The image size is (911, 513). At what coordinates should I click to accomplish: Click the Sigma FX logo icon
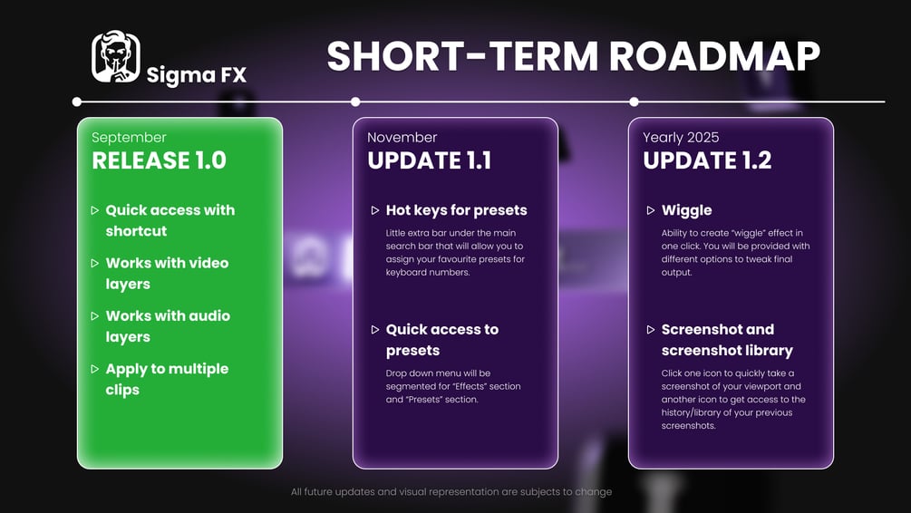(x=116, y=56)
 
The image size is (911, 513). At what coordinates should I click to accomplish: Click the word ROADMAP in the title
(x=714, y=56)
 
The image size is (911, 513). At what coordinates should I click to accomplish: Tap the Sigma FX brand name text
(x=197, y=75)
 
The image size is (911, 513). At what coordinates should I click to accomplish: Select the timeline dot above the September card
(x=77, y=102)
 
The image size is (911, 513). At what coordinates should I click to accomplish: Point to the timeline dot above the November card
(x=355, y=102)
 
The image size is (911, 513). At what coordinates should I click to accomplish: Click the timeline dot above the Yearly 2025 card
(x=634, y=102)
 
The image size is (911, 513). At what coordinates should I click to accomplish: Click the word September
(x=129, y=138)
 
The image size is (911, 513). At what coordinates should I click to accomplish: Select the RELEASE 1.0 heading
(x=160, y=160)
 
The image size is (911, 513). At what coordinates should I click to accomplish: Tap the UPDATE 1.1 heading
(x=430, y=160)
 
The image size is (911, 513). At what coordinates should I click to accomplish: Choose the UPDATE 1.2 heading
(x=707, y=160)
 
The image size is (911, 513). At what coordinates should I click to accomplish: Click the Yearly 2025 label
(x=681, y=137)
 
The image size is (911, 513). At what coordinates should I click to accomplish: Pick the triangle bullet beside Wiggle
(x=651, y=210)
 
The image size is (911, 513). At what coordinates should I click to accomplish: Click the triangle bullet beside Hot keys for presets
(x=375, y=210)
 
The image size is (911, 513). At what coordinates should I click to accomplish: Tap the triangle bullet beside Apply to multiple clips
(x=94, y=369)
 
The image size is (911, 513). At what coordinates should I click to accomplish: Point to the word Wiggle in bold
(x=687, y=210)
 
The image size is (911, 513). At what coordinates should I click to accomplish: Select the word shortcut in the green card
(x=136, y=231)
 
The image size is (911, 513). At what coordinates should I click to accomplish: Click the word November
(x=402, y=138)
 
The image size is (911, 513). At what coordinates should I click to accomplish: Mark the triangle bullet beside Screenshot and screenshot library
(x=651, y=329)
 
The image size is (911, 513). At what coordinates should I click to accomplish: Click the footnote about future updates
(x=451, y=491)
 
